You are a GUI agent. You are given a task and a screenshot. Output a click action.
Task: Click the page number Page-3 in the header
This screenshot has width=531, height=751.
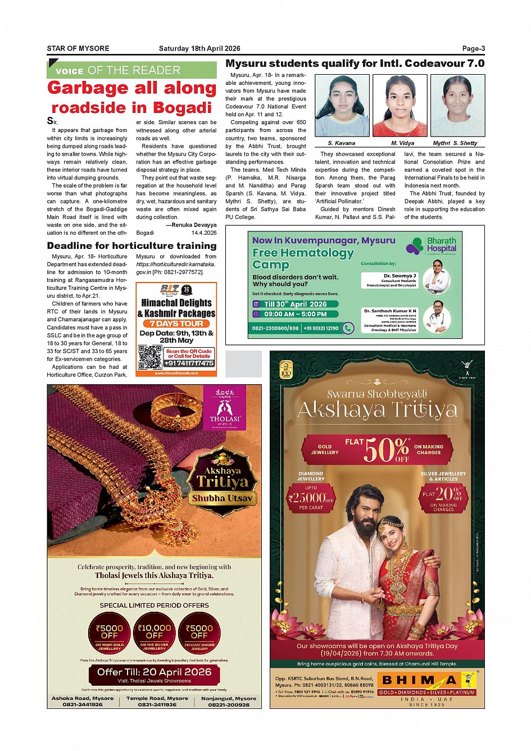[x=473, y=48]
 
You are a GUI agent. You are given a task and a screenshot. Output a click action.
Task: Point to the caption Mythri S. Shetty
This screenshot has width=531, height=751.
[x=455, y=143]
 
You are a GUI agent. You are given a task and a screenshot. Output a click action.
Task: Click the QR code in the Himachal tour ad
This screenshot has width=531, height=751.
[x=150, y=357]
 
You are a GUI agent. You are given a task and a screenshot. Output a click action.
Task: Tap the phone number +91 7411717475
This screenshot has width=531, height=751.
[x=189, y=363]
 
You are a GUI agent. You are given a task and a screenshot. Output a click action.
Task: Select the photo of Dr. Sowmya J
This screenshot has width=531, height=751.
[x=437, y=276]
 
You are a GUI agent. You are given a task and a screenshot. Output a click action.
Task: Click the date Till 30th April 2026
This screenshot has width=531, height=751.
[x=295, y=304]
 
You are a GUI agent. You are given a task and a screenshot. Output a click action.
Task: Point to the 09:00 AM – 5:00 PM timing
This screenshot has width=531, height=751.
[x=295, y=314]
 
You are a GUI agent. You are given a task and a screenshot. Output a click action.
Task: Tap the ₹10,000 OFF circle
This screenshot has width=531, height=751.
[x=154, y=632]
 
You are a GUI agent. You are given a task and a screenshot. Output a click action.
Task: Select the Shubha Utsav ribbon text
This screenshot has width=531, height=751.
[x=223, y=498]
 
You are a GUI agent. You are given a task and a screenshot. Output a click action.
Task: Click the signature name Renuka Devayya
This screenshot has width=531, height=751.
[x=194, y=225]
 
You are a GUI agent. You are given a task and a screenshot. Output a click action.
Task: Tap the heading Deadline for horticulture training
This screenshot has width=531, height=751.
[x=131, y=245]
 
